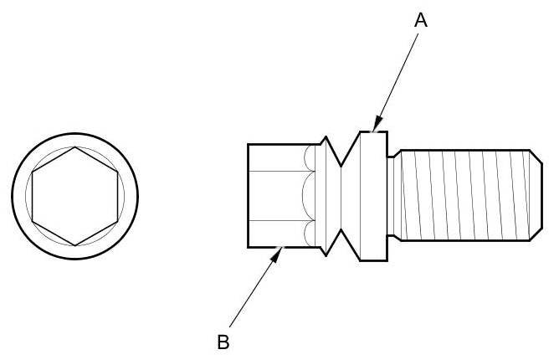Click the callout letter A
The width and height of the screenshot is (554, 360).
pyautogui.click(x=421, y=21)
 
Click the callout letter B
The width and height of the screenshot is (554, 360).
pyautogui.click(x=223, y=342)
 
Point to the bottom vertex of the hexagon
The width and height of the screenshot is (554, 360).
pyautogui.click(x=75, y=245)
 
